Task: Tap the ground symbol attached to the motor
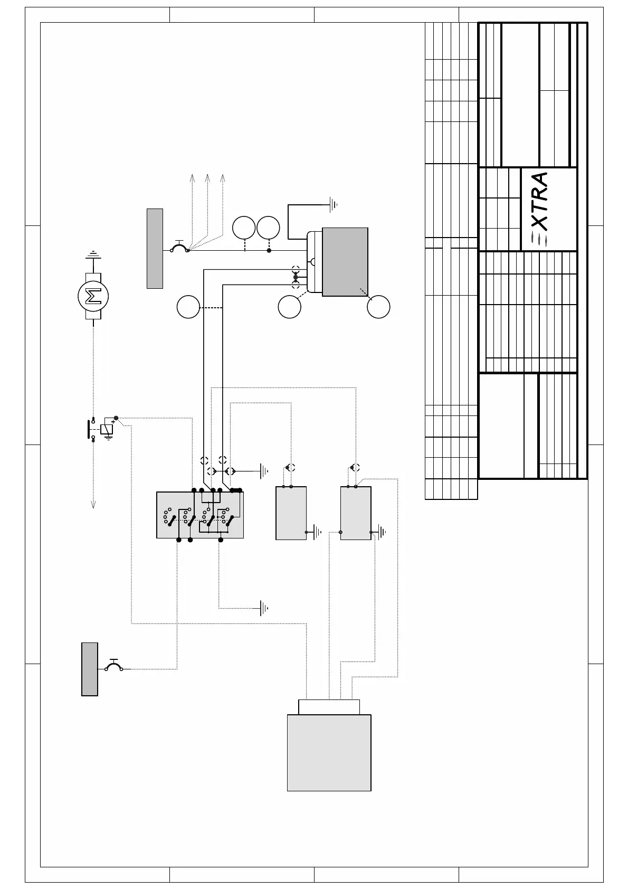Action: tap(93, 254)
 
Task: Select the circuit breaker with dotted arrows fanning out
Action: tap(179, 247)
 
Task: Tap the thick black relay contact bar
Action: tap(88, 429)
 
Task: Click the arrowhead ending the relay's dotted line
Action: tap(93, 505)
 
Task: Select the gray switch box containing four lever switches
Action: tap(200, 515)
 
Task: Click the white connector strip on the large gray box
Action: tap(329, 707)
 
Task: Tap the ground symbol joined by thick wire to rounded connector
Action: tap(332, 204)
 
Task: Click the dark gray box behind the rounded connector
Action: tap(345, 261)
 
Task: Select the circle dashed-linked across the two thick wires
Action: tap(188, 308)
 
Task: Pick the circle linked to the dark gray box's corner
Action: tap(378, 307)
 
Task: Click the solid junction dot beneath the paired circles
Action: tap(269, 250)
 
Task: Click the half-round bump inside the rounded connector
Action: tap(313, 261)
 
